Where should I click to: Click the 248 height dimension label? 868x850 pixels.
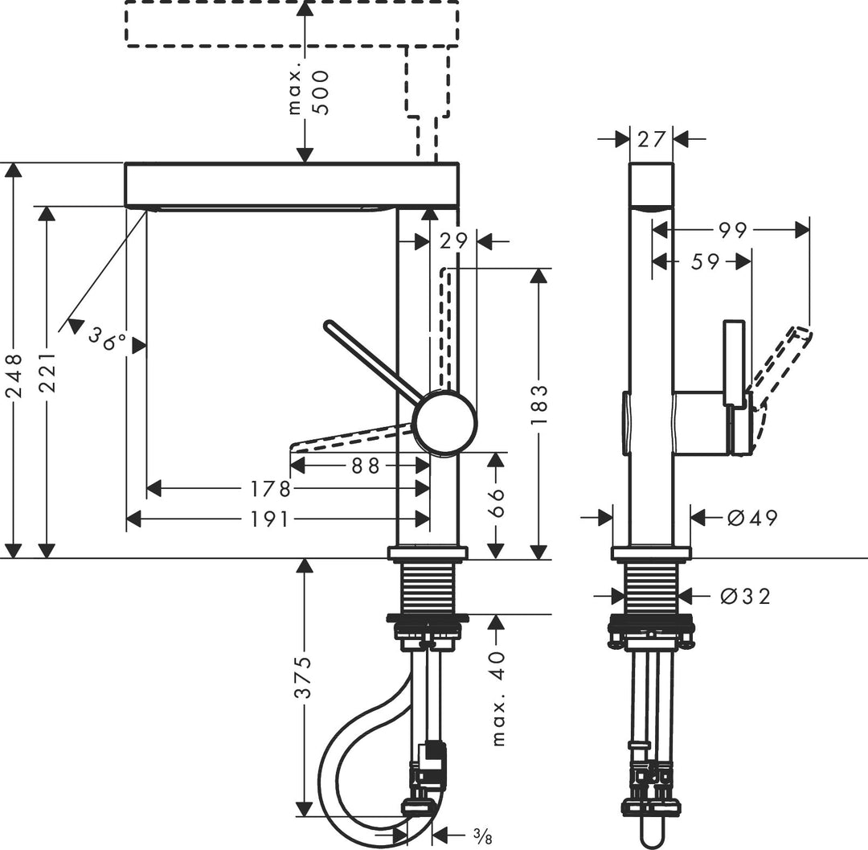[14, 376]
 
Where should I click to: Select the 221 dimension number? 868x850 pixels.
[48, 372]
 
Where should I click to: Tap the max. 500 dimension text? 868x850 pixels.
[309, 92]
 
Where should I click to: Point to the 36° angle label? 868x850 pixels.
[108, 339]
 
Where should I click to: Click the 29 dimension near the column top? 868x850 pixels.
[453, 240]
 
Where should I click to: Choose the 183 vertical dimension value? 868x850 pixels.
[539, 405]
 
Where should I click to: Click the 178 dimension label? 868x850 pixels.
[270, 488]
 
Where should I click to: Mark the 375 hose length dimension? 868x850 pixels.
[305, 678]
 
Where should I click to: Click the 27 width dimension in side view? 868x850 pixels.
[651, 139]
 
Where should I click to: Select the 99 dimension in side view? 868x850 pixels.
[732, 231]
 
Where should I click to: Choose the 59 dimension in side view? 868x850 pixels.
[704, 261]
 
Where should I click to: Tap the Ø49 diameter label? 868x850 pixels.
[752, 518]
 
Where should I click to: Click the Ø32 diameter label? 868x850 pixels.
[745, 596]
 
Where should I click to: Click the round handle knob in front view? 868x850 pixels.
[444, 424]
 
